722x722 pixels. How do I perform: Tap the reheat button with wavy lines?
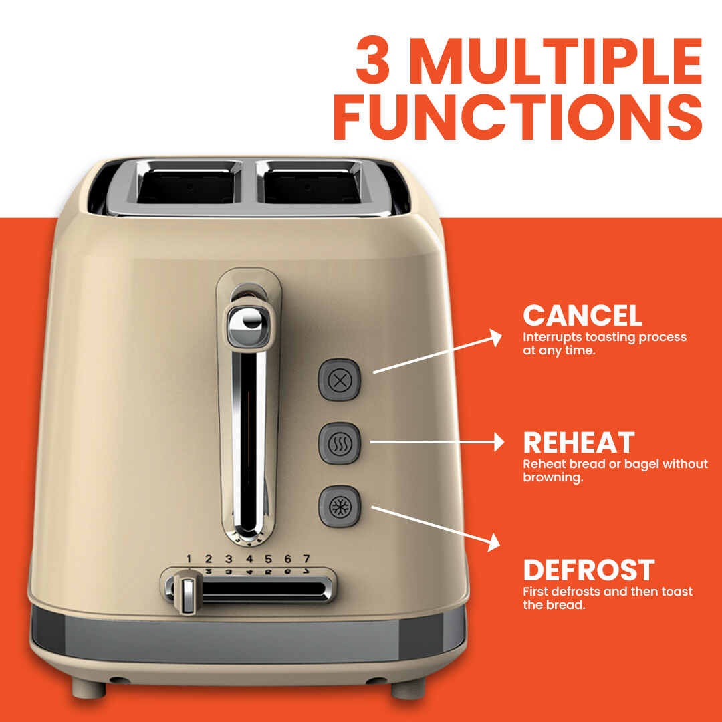tap(340, 443)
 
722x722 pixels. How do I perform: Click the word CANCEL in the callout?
tap(582, 316)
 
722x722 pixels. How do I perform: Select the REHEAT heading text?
tap(578, 443)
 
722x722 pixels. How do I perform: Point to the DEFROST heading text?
tap(588, 570)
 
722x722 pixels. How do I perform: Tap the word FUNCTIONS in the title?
tap(517, 118)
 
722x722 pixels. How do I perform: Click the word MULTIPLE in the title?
tap(560, 62)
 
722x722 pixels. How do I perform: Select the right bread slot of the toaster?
tap(316, 184)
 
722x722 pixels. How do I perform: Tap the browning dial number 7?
tap(306, 559)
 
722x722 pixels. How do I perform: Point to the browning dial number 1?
tap(189, 559)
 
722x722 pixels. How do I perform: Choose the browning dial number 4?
tap(249, 559)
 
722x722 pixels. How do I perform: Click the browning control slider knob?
tap(187, 592)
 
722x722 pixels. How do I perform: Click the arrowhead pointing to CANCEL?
tap(495, 338)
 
